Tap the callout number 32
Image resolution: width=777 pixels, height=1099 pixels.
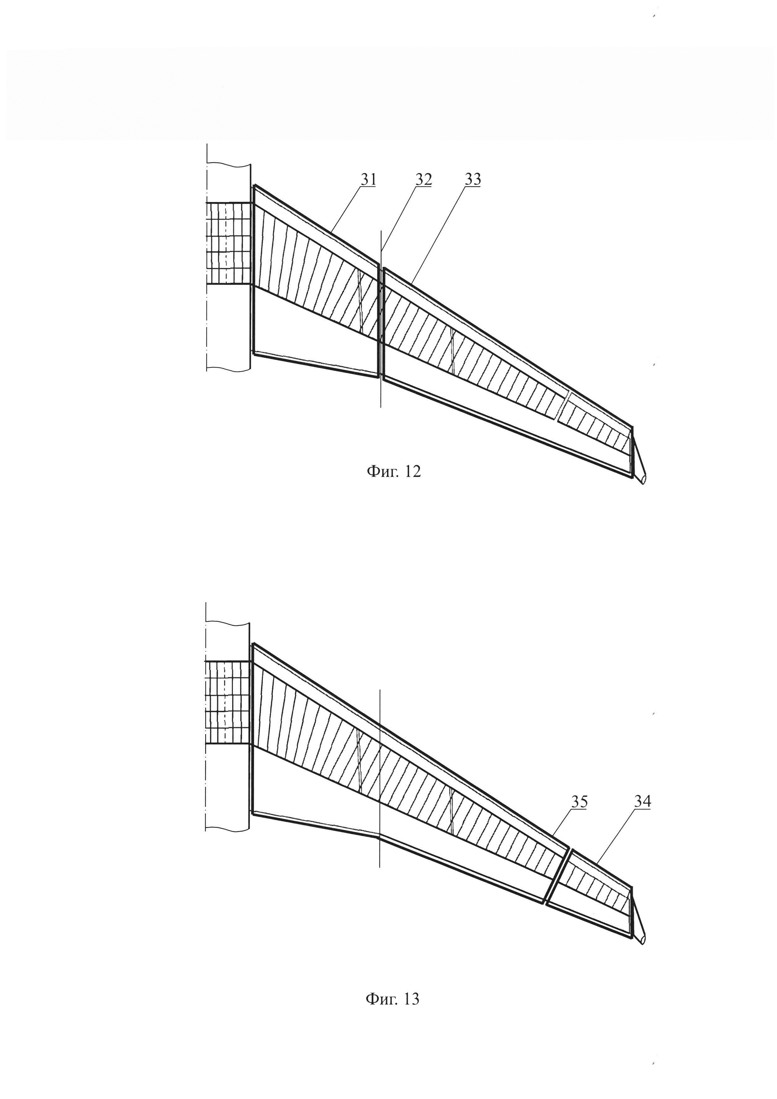[423, 180]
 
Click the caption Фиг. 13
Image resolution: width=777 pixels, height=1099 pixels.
[392, 998]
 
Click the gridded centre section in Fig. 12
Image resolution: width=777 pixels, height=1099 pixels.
[228, 243]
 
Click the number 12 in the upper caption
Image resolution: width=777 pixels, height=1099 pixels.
[412, 472]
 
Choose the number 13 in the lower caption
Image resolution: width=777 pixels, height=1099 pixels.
[411, 998]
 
